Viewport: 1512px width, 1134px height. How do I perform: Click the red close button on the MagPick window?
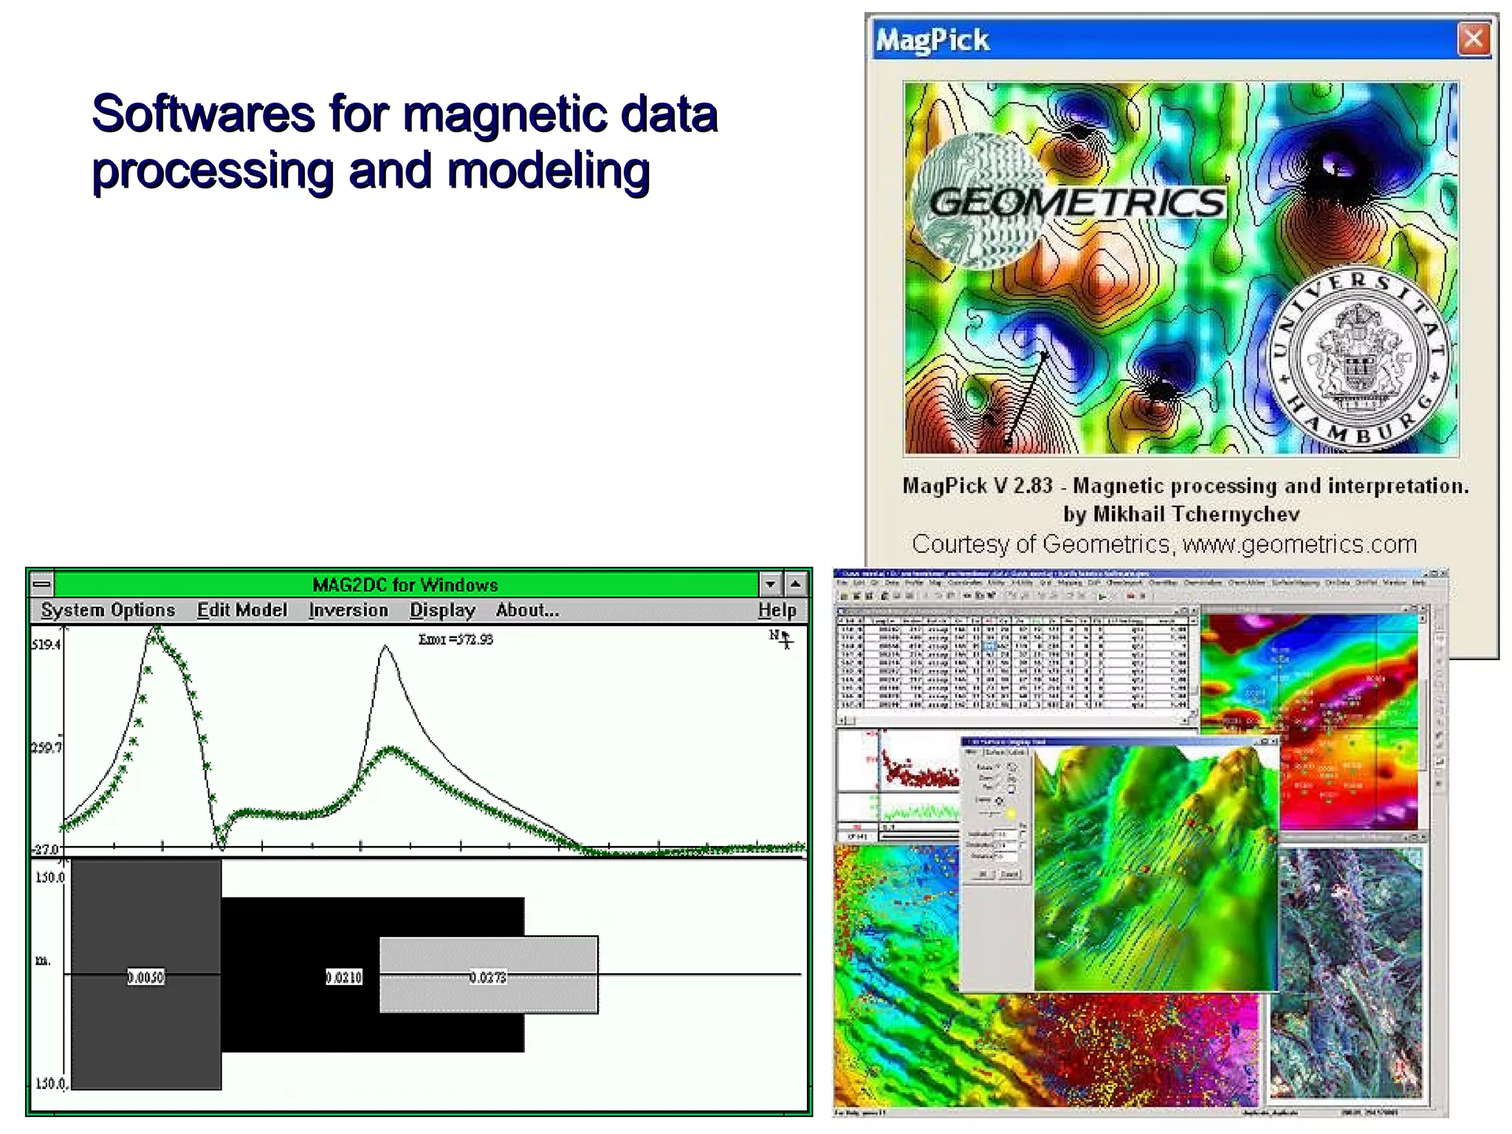1473,38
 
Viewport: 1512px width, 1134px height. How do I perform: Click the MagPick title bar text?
932,40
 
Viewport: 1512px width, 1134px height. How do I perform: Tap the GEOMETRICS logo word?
1076,202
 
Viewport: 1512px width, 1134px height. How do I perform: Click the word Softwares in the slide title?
203,114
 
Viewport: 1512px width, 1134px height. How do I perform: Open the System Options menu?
108,610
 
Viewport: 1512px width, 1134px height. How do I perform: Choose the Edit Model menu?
241,610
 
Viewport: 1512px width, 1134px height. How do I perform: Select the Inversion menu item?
348,610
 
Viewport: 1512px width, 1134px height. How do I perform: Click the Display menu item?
442,610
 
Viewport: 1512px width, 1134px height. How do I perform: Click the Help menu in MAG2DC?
777,610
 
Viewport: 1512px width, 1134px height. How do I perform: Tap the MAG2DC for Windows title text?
405,585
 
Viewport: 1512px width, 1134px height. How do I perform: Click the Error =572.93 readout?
456,639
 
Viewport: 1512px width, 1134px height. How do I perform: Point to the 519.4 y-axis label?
46,645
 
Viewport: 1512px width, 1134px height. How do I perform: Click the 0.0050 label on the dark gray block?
145,977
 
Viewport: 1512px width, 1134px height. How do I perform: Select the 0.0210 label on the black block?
344,977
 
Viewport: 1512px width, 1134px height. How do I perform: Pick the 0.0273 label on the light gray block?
488,977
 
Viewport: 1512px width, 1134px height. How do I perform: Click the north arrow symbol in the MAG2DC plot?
783,639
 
